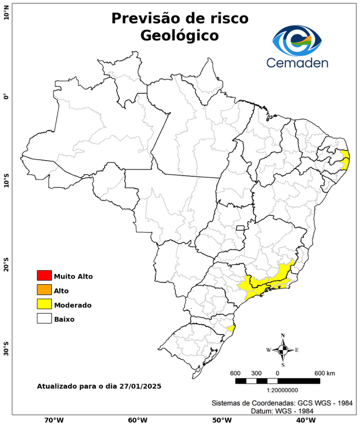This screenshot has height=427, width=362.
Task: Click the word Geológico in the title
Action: (x=179, y=35)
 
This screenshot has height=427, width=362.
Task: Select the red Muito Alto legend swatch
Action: (x=44, y=275)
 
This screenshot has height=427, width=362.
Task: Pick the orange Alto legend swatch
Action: (x=44, y=290)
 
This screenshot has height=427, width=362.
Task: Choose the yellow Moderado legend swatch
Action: (x=44, y=304)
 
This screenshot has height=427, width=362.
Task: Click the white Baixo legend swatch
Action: (x=44, y=319)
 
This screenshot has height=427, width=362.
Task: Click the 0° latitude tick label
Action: (x=6, y=96)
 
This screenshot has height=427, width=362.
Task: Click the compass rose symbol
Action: (x=282, y=350)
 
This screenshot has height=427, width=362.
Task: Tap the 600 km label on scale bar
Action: (x=324, y=373)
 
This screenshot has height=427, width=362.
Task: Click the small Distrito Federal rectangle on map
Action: (x=240, y=228)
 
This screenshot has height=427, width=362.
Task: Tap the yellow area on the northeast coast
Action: (x=345, y=160)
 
